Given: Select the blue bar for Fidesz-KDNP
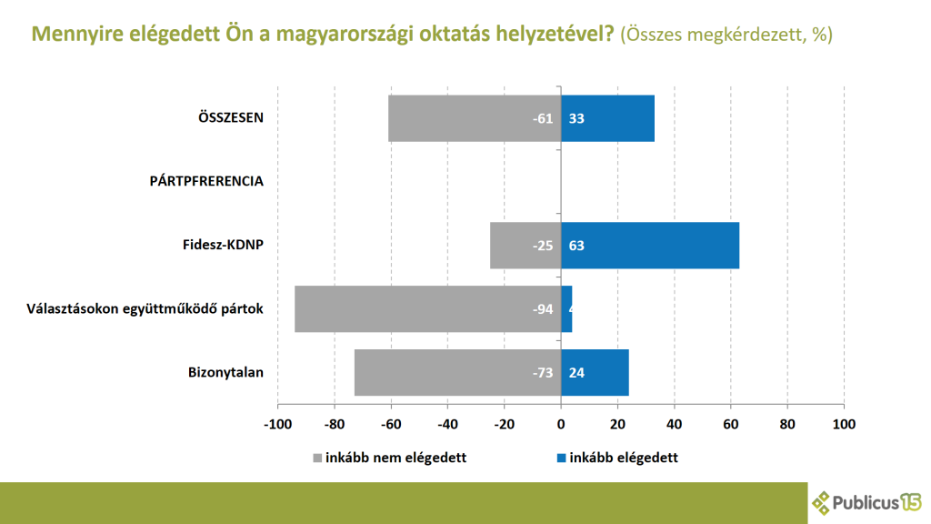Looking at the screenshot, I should point(650,246).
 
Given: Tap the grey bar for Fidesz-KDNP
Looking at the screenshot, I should point(526,246).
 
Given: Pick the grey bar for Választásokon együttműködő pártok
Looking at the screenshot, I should point(427,309).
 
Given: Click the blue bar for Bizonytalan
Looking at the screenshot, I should point(596,373).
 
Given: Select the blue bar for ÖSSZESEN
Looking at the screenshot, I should point(607,118).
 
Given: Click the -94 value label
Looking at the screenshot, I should point(543,309).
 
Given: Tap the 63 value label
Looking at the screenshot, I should point(576,246).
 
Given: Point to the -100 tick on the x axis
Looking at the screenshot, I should point(277,424).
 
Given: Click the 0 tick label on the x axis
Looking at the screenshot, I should point(561,424).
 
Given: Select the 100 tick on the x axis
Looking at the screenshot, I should point(845,424).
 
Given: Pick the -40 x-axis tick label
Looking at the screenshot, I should point(447,424).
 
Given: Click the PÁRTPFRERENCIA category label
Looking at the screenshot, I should point(206,181).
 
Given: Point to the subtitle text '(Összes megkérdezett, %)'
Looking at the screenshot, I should point(726,35).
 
